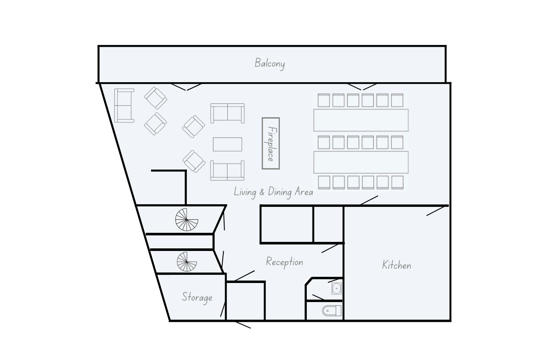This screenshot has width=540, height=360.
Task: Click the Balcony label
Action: [x=270, y=63]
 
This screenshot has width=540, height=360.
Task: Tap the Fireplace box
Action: [x=271, y=143]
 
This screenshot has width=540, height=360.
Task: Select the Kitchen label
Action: [x=396, y=265]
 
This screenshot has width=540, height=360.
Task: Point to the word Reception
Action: [x=284, y=262]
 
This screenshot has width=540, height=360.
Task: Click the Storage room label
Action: [x=197, y=297]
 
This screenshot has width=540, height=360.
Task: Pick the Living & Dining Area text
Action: [x=273, y=192]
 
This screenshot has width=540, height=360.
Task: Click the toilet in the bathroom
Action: [x=332, y=311]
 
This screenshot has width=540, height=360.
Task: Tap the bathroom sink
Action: [x=337, y=288]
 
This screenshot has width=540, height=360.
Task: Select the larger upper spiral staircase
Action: [x=186, y=220]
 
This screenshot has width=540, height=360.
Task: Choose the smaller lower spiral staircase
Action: [x=187, y=262]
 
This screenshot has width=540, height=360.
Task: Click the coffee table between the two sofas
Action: [x=227, y=145]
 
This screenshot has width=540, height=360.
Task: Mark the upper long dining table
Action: [x=361, y=120]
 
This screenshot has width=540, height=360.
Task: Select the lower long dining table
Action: [x=361, y=162]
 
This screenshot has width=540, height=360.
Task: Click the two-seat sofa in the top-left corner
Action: [x=124, y=106]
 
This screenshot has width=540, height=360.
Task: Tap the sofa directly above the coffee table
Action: [x=227, y=113]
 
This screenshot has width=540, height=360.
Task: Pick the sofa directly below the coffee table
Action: [x=227, y=170]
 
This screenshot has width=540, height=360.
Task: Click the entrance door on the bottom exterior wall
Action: [x=243, y=325]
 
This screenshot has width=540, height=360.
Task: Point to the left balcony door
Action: [x=186, y=87]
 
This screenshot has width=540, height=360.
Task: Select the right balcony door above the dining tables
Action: [x=362, y=87]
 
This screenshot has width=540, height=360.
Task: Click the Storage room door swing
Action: [x=223, y=309]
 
